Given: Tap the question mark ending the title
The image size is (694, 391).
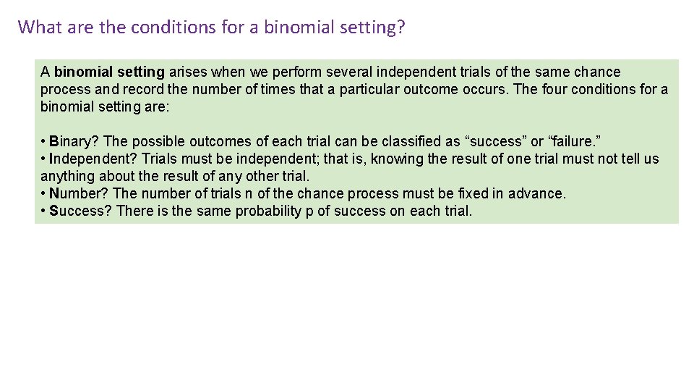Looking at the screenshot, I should (x=400, y=27).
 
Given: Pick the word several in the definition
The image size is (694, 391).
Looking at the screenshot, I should (x=348, y=72).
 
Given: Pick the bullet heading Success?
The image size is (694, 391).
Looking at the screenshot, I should (x=80, y=211).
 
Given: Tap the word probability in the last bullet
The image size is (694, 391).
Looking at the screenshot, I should (x=267, y=211).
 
